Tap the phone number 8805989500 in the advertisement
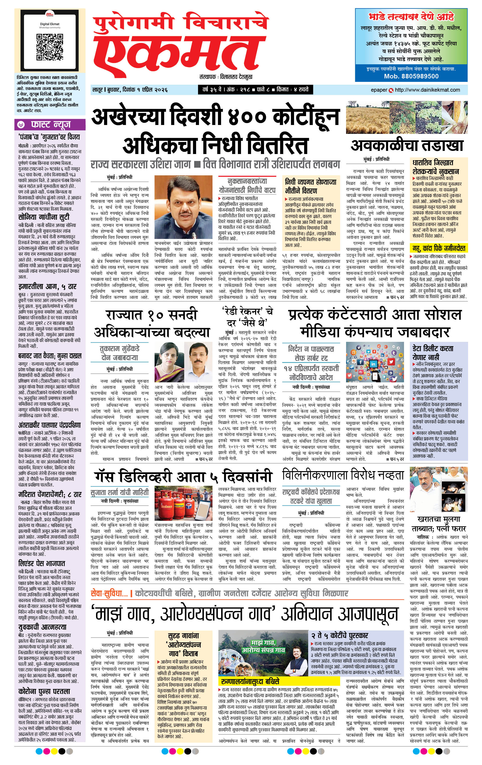[411, 76]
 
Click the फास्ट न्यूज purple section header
[50, 125]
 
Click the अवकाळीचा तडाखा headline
[407, 146]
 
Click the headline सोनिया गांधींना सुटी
[43, 218]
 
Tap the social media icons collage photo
[375, 362]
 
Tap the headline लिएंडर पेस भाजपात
[41, 563]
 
